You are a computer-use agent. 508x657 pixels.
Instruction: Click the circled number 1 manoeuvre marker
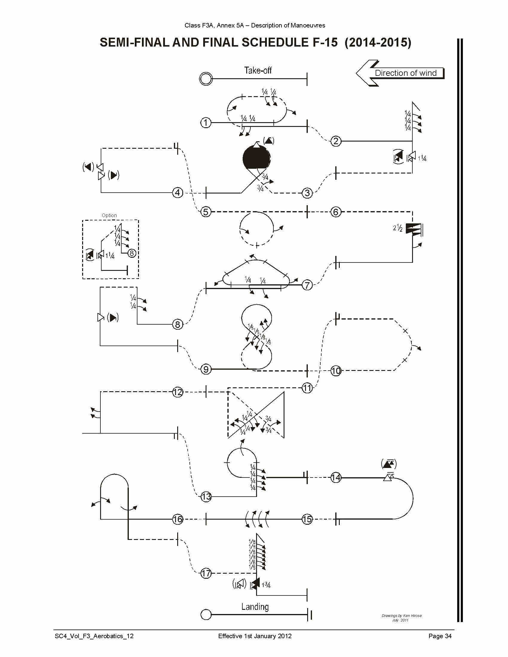point(206,123)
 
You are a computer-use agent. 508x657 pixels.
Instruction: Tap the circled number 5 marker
point(206,212)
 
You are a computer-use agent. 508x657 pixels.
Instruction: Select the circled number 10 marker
point(336,371)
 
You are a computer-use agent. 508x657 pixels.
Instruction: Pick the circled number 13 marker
point(206,496)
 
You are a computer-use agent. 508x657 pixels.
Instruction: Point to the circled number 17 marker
point(206,573)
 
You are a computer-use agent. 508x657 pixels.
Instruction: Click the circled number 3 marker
point(307,193)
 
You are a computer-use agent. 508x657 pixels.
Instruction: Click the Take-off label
point(258,70)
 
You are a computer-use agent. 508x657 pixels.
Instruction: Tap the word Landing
point(255,607)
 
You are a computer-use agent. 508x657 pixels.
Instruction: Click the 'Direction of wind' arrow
point(400,73)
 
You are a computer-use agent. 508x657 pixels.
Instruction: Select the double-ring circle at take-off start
point(206,79)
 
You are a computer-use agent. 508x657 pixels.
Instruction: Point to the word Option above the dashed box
point(109,215)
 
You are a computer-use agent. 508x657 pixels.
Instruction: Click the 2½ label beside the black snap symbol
point(397,228)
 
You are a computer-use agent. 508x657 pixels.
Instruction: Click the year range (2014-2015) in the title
point(378,42)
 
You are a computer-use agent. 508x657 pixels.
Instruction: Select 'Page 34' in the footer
point(440,636)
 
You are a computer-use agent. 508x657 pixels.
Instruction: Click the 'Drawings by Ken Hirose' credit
point(401,616)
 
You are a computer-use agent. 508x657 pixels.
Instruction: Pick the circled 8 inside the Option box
point(131,253)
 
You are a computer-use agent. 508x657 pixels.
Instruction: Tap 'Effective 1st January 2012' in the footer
point(255,636)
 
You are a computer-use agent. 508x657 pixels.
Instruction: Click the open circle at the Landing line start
point(206,615)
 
